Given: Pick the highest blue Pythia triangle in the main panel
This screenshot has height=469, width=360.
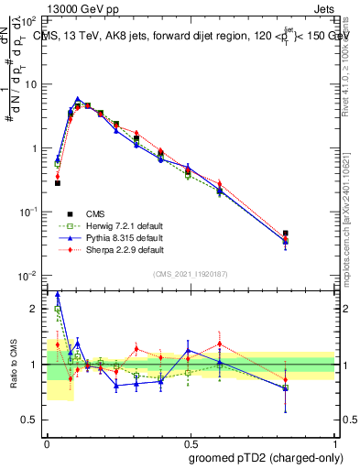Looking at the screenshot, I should [78, 99].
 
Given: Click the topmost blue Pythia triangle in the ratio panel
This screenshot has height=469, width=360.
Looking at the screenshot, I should [58, 295].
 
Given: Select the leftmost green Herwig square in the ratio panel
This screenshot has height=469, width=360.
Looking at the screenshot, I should [58, 310].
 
